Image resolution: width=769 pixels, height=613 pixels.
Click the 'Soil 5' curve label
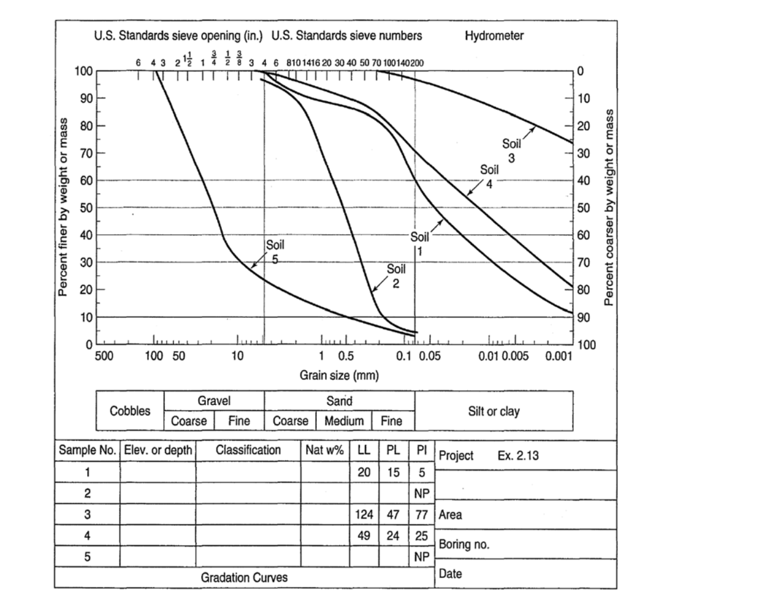pos(275,251)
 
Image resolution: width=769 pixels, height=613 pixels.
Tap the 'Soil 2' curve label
pos(396,276)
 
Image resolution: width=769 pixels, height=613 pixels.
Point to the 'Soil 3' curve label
pos(511,151)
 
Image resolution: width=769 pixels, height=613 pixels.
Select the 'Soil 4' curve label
pos(490,176)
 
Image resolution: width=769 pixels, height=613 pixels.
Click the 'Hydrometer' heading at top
pos(494,36)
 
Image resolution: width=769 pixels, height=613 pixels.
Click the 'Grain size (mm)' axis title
pos(339,375)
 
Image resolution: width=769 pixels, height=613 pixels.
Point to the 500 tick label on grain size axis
pos(104,356)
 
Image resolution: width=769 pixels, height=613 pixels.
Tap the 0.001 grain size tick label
pos(558,356)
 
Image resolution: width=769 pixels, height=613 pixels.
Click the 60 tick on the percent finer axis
pos(85,180)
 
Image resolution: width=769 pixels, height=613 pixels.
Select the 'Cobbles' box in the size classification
pos(130,411)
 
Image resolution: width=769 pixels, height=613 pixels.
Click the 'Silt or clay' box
pos(494,411)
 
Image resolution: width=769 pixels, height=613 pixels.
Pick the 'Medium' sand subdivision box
pos(344,421)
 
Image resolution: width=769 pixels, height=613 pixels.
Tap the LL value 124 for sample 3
pos(364,515)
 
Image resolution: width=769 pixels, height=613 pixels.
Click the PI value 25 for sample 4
pos(421,536)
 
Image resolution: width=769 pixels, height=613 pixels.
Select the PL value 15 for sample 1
pos(393,472)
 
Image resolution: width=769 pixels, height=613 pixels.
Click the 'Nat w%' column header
pos(325,450)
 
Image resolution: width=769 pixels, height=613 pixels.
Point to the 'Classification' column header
pos(248,450)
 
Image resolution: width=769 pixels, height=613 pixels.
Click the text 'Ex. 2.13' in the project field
pos(518,456)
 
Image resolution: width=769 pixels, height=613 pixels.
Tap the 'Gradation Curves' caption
pos(244,577)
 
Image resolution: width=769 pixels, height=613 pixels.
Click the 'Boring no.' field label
pos(464,544)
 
